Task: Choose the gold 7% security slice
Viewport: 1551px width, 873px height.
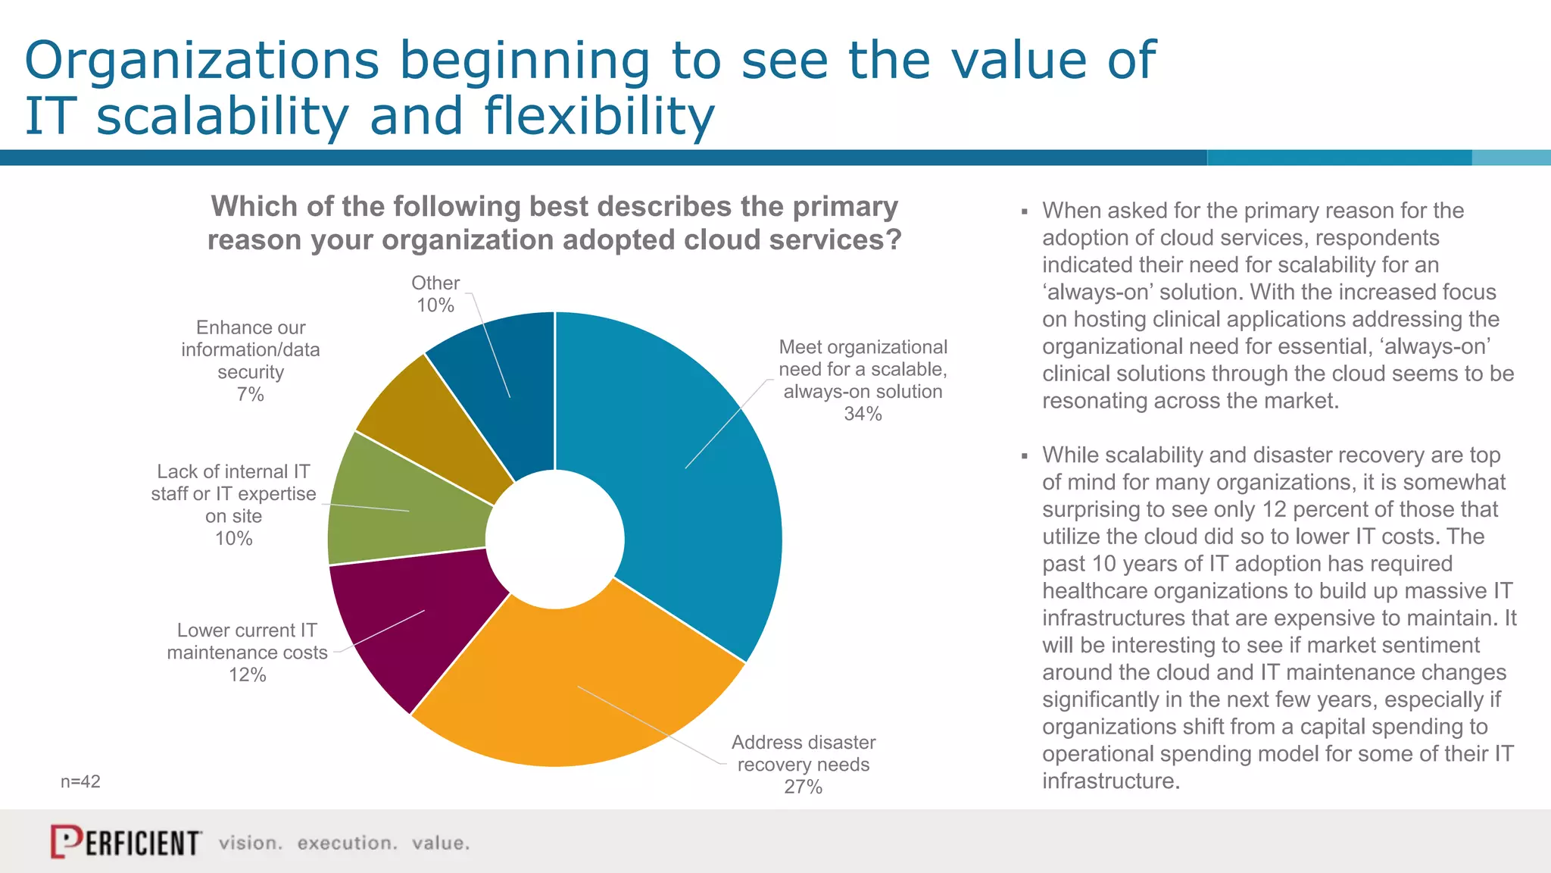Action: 439,424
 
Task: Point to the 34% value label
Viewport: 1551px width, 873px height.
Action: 863,414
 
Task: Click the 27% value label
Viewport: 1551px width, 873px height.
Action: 803,787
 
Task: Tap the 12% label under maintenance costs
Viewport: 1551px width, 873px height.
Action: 247,674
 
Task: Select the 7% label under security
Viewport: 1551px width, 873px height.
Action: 250,394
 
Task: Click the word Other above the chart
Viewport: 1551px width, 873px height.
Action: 435,283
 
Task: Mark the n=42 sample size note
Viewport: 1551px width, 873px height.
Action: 80,781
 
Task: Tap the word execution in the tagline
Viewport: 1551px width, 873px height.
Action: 347,843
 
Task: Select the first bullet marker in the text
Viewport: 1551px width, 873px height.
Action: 1024,211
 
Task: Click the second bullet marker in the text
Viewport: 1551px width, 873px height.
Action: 1024,456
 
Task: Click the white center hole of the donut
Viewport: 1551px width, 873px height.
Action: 555,539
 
